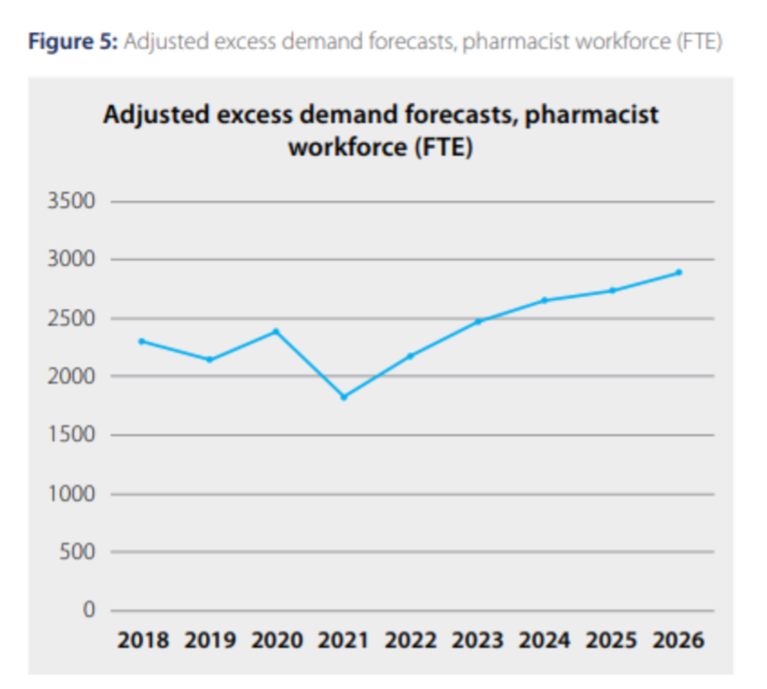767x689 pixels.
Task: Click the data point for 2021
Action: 344,397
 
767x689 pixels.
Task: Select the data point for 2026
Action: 679,272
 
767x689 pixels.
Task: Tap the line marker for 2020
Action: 277,331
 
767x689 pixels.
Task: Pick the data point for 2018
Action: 142,341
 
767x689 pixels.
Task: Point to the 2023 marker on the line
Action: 478,321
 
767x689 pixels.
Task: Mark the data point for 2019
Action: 210,360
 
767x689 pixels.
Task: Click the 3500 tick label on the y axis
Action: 71,201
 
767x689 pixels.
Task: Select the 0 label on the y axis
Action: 89,610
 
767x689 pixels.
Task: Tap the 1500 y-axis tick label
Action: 71,435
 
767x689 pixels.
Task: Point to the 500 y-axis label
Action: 76,552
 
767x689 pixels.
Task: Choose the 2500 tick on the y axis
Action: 71,318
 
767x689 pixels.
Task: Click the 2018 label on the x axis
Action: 143,640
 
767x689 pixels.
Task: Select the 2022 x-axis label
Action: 411,640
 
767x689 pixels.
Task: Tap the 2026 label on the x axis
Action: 678,640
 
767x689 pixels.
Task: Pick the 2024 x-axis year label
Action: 544,640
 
